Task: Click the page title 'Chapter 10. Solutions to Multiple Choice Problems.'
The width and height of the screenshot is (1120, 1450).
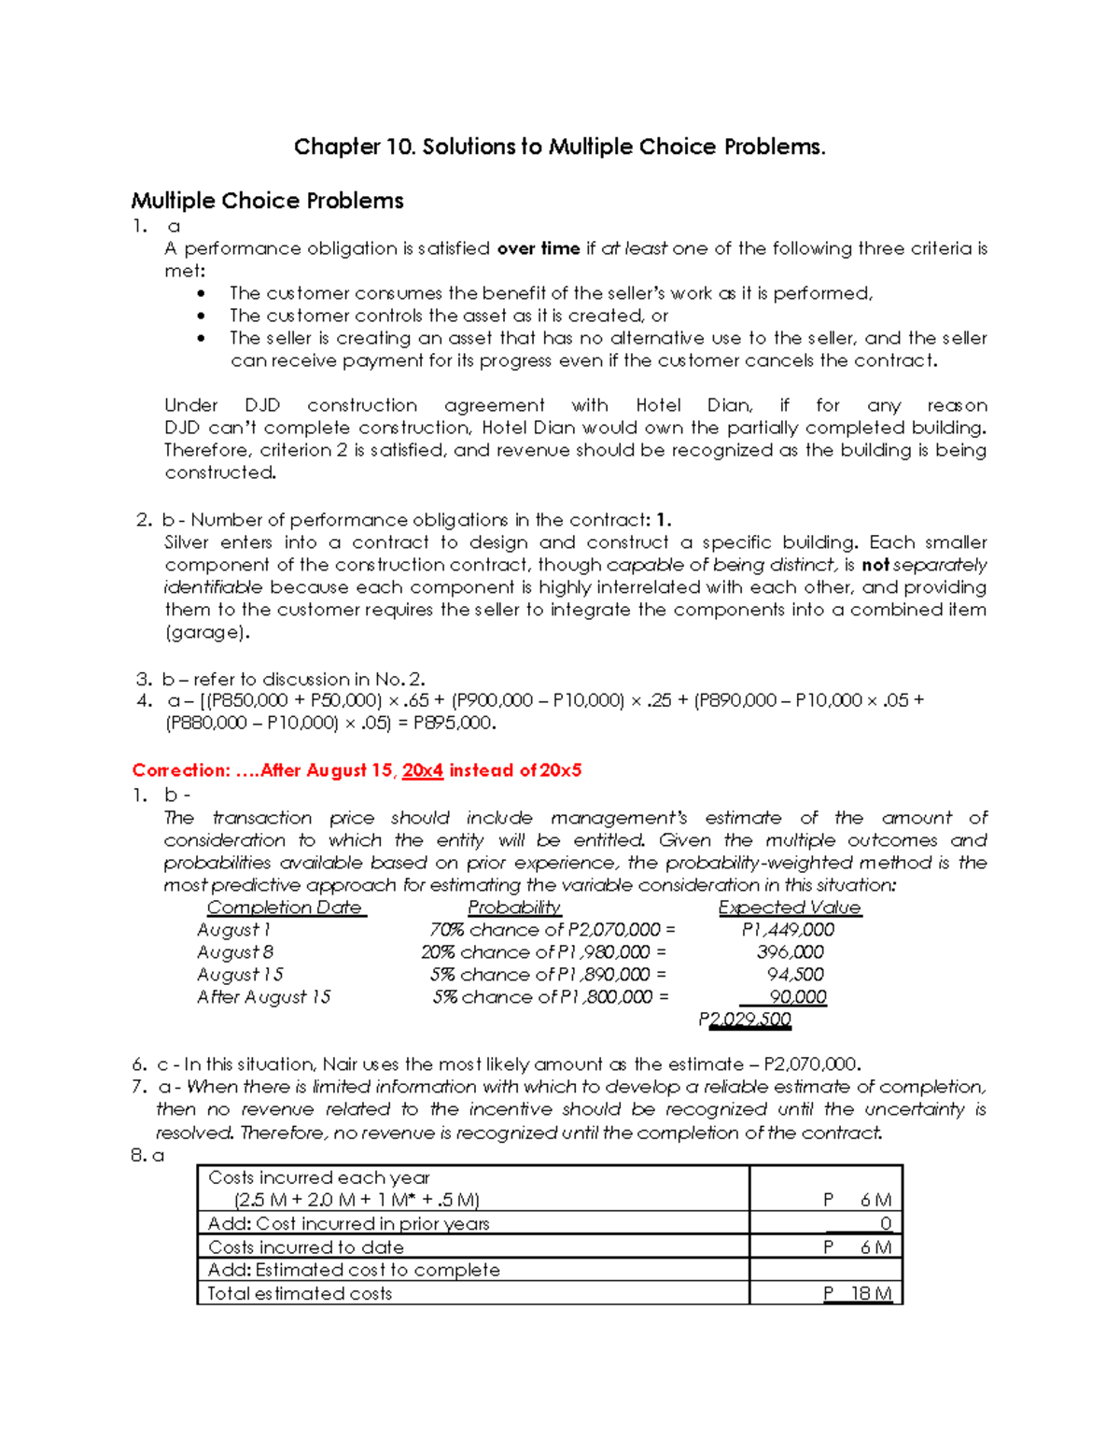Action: click(559, 147)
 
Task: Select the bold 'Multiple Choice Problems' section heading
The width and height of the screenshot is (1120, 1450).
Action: click(267, 201)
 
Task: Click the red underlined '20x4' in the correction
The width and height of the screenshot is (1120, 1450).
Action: click(422, 770)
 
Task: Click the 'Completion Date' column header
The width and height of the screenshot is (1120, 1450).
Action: click(285, 908)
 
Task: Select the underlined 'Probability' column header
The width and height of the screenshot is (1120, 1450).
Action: click(513, 908)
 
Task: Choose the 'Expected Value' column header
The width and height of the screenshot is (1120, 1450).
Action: click(789, 908)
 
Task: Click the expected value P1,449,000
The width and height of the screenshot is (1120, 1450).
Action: click(788, 930)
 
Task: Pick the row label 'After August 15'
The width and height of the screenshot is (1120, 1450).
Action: click(263, 997)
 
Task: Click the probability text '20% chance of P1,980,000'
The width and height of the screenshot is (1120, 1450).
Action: click(536, 952)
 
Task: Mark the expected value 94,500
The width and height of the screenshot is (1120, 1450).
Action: click(795, 975)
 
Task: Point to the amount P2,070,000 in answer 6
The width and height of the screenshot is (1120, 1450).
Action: click(809, 1064)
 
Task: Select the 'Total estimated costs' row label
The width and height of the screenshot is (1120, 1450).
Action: click(300, 1293)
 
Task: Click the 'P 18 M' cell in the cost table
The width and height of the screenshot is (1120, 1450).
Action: click(858, 1293)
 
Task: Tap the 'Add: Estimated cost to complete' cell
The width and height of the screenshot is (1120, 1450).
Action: click(354, 1270)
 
